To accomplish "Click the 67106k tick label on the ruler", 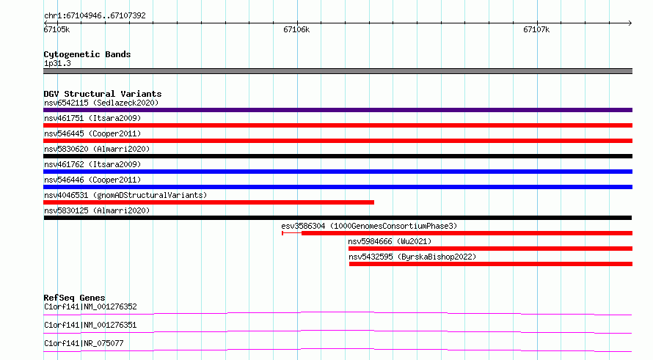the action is pos(296,29).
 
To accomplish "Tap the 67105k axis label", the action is pos(56,29).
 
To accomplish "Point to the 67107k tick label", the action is pos(536,29).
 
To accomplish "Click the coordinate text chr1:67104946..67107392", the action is pos(95,16).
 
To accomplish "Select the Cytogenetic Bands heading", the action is pos(87,54).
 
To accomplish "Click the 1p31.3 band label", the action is pos(57,64).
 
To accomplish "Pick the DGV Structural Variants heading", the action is pos(103,94).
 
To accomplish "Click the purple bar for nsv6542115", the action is pos(338,110).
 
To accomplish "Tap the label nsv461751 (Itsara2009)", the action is pos(92,118).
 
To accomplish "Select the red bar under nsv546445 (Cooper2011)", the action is pos(338,141).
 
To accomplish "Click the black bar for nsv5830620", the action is pos(338,156).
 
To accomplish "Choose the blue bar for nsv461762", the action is pos(338,172).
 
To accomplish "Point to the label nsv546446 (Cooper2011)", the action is pos(92,180).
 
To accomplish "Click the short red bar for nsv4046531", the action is pos(208,202).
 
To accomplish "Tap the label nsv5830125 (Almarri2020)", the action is pos(97,210).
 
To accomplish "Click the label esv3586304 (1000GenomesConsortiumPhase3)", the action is pos(369,226).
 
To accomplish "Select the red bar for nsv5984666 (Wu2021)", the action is pos(490,249).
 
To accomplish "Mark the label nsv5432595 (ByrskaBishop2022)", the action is pos(412,257).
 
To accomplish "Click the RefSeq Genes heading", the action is pos(75,298).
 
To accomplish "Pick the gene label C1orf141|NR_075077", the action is pos(84,343).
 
